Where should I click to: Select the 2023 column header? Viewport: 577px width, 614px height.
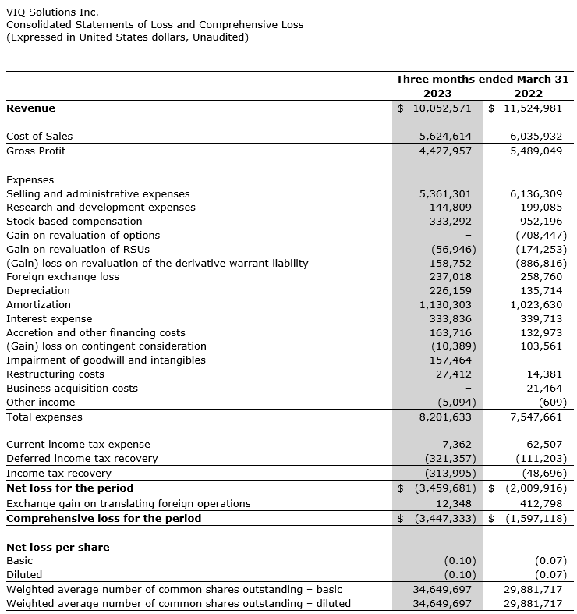coord(437,93)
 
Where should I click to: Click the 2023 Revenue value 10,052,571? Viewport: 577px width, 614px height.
coord(441,108)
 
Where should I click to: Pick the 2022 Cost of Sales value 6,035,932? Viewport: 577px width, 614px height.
coord(536,136)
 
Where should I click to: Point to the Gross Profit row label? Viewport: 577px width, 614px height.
coord(36,151)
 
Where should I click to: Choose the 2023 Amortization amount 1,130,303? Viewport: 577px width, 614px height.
coord(445,304)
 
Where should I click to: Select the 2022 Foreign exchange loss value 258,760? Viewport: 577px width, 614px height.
coord(541,276)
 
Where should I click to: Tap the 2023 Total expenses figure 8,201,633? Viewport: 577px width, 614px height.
coord(445,417)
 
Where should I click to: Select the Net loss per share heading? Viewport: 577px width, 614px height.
coord(58,547)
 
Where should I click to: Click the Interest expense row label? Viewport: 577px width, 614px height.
coord(49,318)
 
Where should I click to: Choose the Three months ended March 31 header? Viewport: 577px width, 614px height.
coord(482,79)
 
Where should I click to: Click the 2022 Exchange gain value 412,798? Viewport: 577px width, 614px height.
coord(541,503)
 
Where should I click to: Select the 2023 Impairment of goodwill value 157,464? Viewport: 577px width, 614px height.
coord(451,360)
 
